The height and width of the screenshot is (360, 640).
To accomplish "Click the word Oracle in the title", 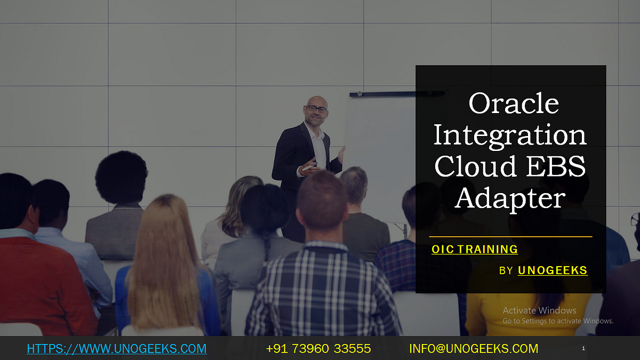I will [x=513, y=103].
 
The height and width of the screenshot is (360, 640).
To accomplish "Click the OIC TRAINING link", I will [x=475, y=249].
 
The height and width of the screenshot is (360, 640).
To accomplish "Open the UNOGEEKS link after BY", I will [x=553, y=270].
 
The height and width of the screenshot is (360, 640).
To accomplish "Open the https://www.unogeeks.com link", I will [x=116, y=349].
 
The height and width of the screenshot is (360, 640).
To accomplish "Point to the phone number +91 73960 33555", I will [x=318, y=349].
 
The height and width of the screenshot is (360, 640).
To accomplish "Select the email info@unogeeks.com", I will [x=474, y=349].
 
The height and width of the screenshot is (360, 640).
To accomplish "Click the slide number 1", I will [x=583, y=348].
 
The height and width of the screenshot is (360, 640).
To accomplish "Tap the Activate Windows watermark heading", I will [x=539, y=310].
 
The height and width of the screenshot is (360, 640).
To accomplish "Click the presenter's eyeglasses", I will [x=317, y=109].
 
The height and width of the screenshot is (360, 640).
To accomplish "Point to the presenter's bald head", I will [x=316, y=100].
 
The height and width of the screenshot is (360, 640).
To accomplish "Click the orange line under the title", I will [x=510, y=236].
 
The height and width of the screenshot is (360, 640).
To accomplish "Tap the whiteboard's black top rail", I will [x=397, y=94].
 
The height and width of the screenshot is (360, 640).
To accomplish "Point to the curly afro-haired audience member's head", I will [x=121, y=176].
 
